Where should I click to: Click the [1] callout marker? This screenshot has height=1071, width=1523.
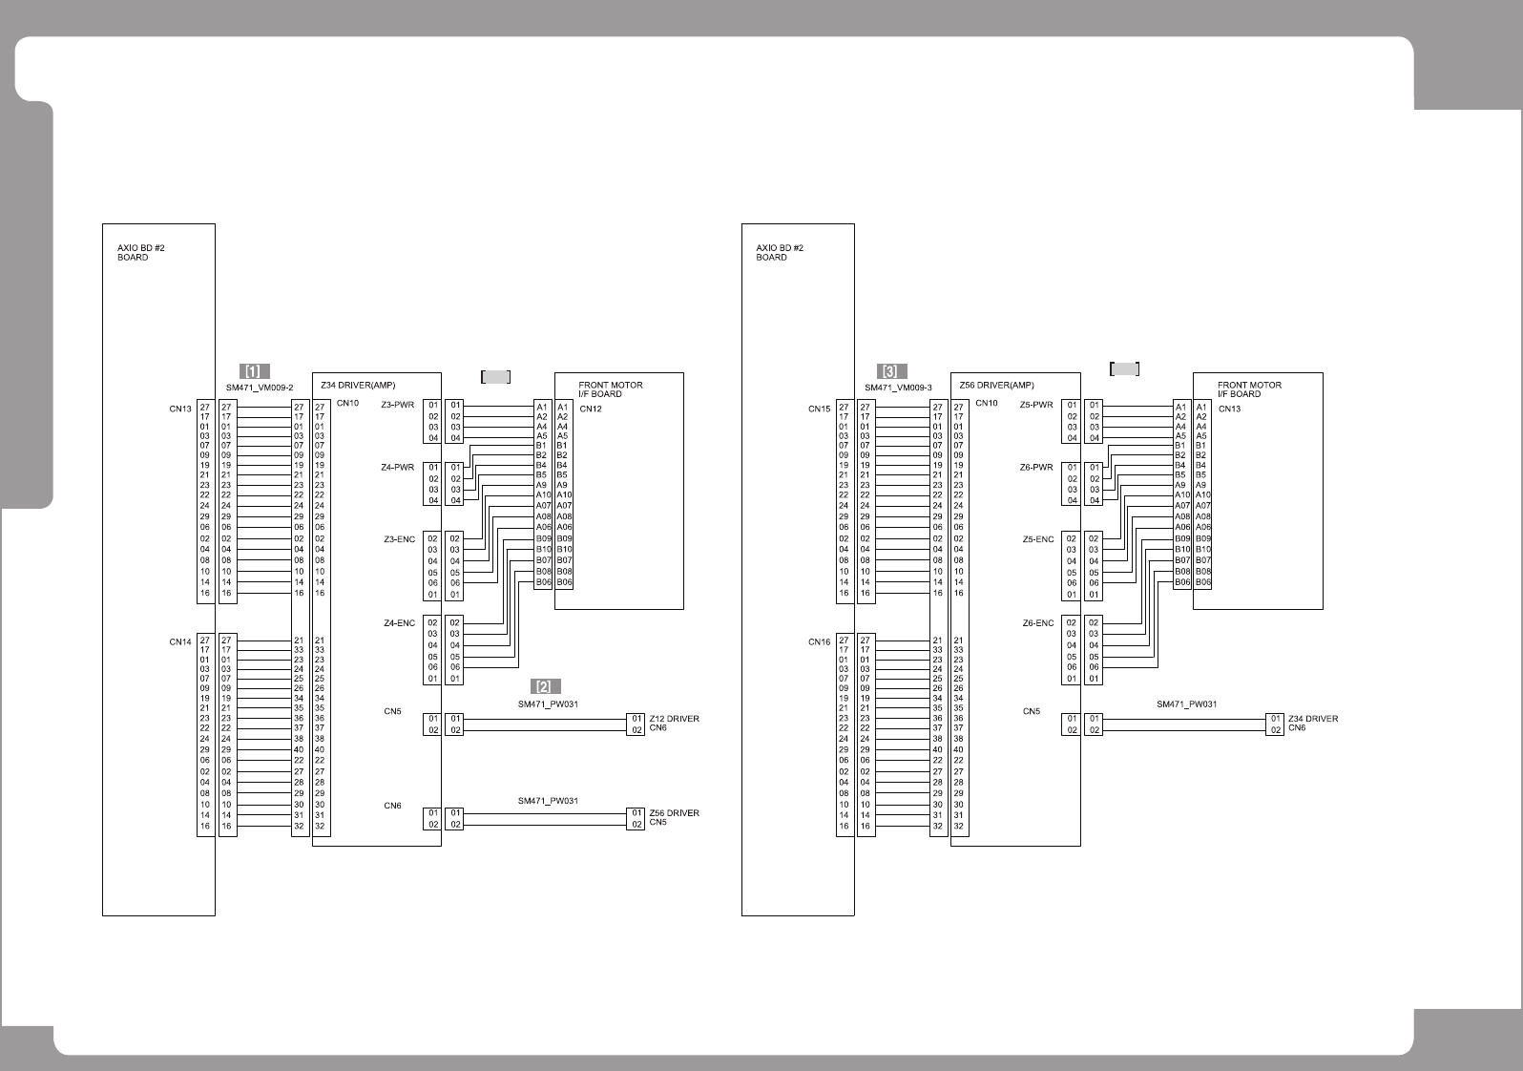254,371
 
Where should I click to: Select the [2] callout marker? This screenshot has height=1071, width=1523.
546,686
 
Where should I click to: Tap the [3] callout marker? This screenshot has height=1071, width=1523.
892,371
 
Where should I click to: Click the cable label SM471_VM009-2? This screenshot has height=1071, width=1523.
260,388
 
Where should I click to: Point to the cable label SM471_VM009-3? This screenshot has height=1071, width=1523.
898,388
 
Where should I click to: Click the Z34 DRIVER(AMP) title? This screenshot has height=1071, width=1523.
358,386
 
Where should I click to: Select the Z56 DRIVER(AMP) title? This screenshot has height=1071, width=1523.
997,386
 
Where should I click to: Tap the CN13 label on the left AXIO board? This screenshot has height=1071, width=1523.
180,409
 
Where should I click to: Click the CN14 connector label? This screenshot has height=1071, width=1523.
180,641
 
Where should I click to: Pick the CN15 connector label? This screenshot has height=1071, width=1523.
819,409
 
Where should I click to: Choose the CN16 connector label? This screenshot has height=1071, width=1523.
819,641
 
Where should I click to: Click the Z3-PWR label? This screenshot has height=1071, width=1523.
398,405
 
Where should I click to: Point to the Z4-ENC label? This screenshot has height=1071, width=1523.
399,623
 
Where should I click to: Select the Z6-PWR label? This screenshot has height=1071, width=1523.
1036,468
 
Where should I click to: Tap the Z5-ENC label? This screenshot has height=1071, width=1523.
1038,539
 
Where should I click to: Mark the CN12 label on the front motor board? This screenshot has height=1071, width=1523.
591,409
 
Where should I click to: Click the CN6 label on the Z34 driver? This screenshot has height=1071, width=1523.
392,806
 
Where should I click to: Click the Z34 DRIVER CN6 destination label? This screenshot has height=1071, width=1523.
1312,723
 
